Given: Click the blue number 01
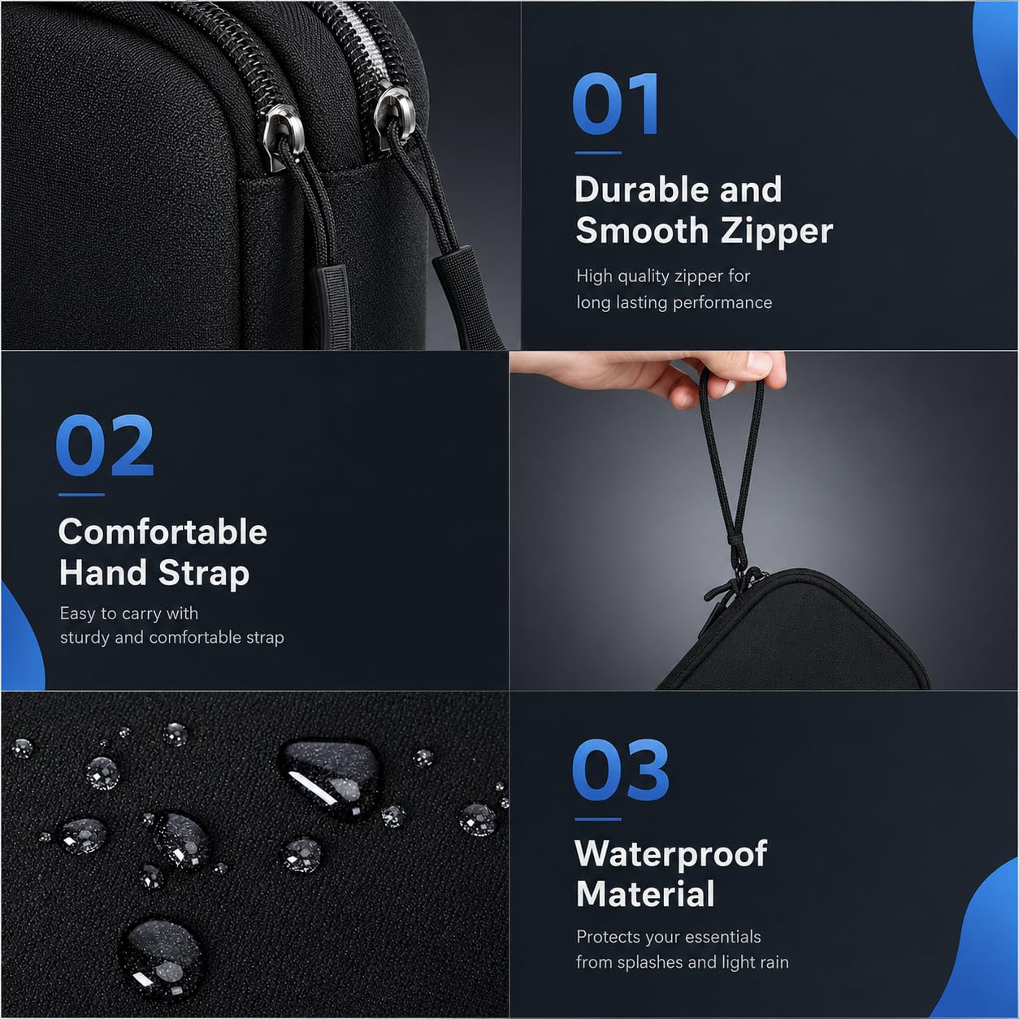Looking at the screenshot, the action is pyautogui.click(x=616, y=104).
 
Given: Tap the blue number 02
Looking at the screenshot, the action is pyautogui.click(x=105, y=445).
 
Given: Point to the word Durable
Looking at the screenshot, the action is pyautogui.click(x=642, y=189).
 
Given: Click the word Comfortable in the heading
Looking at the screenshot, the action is pyautogui.click(x=163, y=531).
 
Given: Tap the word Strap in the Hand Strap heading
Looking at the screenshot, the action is pyautogui.click(x=204, y=575).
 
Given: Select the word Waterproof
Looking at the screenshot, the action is pyautogui.click(x=671, y=854).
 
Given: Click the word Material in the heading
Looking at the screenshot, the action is pyautogui.click(x=645, y=894).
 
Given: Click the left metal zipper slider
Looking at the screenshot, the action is pyautogui.click(x=283, y=137).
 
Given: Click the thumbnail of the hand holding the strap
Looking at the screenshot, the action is pyautogui.click(x=764, y=520).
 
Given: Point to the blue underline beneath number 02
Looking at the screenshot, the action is pyautogui.click(x=81, y=495).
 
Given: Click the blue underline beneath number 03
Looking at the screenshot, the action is pyautogui.click(x=598, y=820).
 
